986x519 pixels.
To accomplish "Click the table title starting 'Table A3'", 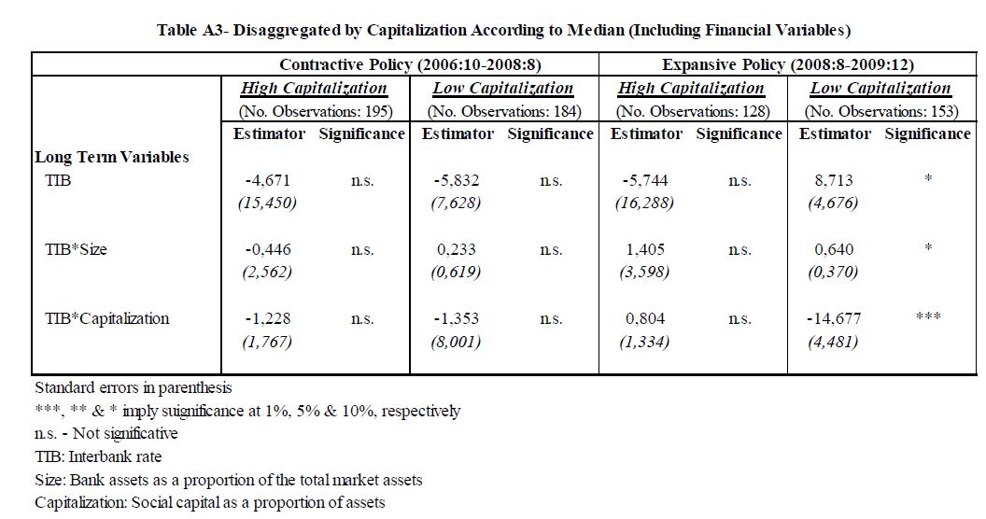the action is click(x=503, y=30).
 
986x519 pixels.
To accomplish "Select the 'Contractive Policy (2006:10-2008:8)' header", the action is click(x=410, y=64).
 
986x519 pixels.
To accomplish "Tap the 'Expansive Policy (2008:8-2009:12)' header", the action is click(x=788, y=64).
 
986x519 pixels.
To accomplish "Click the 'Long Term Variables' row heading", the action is click(x=112, y=157).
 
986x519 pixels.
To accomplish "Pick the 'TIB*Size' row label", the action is click(x=76, y=249).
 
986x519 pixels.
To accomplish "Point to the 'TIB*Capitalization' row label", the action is click(x=106, y=318).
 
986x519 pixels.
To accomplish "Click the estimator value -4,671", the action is click(x=268, y=181).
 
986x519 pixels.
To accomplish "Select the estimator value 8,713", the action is click(x=834, y=181).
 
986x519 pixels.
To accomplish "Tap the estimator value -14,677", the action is click(x=834, y=318).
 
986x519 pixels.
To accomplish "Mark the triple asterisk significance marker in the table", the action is click(x=928, y=316).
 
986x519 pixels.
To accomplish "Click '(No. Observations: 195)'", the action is click(x=316, y=112).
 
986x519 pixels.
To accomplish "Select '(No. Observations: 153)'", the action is click(x=881, y=112).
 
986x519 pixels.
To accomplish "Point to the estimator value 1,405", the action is click(x=645, y=249).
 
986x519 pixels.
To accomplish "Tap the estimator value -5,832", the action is click(x=457, y=181).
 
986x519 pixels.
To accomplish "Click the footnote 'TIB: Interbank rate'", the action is click(x=98, y=456).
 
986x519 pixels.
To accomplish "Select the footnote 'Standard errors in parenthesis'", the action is click(x=134, y=387).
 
